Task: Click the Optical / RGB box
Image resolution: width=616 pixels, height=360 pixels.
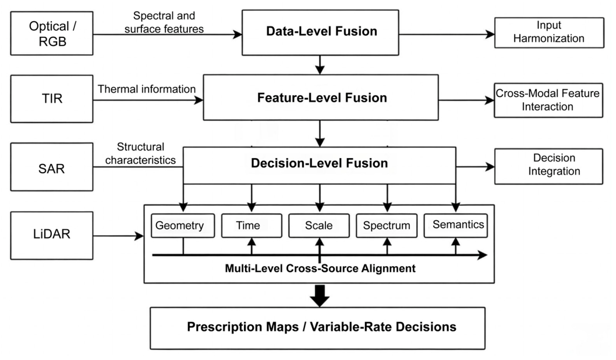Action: click(52, 33)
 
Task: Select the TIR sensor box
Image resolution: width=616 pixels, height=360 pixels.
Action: click(52, 99)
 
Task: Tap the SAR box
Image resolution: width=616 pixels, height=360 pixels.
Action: click(52, 167)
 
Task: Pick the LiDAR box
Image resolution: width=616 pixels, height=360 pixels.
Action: click(52, 235)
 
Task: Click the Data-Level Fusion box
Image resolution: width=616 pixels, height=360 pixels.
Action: click(320, 32)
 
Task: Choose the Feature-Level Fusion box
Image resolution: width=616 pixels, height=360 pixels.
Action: click(321, 97)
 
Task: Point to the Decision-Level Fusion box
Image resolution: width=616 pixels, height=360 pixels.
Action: click(320, 165)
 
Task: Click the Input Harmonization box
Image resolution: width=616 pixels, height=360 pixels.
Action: click(549, 32)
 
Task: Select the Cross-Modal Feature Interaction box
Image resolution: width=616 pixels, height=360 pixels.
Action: click(549, 100)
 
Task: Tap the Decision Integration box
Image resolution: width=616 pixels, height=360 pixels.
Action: click(549, 166)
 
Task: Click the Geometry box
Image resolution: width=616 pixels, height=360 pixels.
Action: click(182, 226)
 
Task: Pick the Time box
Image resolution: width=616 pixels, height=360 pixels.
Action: click(252, 226)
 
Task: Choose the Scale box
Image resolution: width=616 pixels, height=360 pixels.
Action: click(319, 226)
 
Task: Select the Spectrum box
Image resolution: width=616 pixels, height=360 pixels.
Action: click(387, 226)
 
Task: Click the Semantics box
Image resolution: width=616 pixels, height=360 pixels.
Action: click(456, 226)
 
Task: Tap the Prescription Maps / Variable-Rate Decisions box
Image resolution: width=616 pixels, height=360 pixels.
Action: click(317, 328)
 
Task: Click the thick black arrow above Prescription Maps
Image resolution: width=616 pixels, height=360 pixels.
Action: click(320, 296)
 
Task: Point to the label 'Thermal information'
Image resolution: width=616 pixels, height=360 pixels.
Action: click(146, 89)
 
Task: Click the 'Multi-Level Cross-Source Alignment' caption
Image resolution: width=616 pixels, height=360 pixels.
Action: click(320, 269)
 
